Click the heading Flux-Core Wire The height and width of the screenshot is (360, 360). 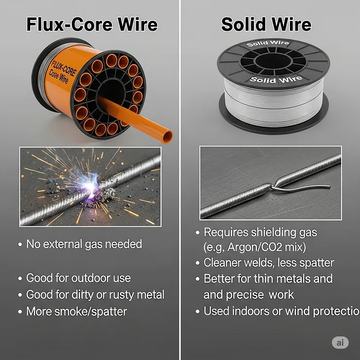coord(92,24)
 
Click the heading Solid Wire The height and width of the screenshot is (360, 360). coord(266,24)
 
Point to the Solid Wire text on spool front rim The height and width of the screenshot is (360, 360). coord(276,79)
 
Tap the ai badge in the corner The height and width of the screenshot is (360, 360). coord(340,342)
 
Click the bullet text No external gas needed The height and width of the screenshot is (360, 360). coord(84,244)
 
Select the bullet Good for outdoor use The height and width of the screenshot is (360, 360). coord(78,278)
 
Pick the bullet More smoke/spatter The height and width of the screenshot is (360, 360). coord(76,311)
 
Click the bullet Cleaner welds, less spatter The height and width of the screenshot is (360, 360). coord(269,263)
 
